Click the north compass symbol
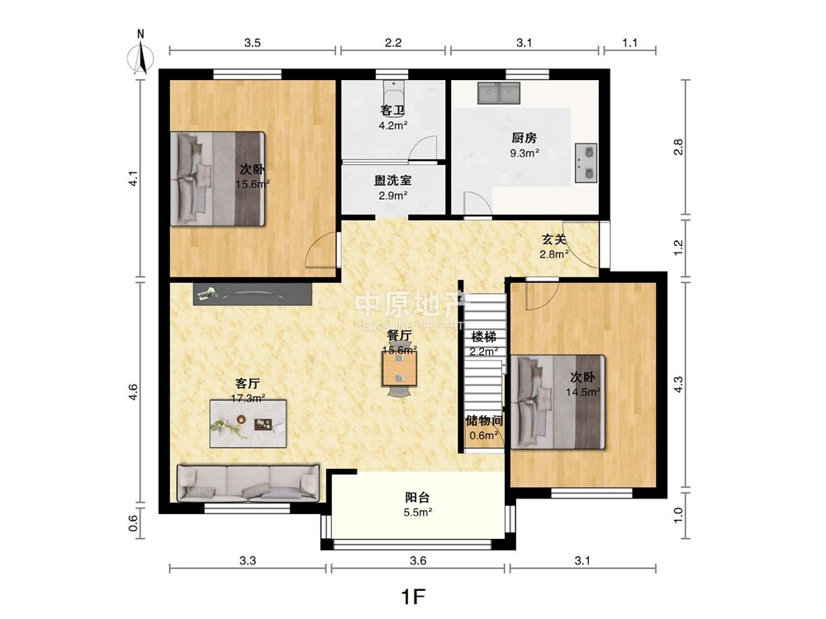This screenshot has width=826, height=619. pos(140,54)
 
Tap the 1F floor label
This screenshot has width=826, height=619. pos(413,597)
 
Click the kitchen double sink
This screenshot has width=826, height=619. pos(499,93)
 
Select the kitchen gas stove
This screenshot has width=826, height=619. pos(586,163)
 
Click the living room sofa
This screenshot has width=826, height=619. pos(248,482)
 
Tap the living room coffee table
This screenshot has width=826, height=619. pos(248,423)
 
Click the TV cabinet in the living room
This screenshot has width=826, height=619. pos(252,294)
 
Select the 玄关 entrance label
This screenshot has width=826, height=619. pos(554,239)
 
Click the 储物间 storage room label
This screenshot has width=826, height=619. pos(483,421)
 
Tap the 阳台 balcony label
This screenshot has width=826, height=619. pos(418,497)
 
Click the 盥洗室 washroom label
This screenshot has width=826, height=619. pos(393,181)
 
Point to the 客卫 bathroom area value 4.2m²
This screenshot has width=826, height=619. pos(393,125)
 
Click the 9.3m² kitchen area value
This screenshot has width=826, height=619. pos(525,154)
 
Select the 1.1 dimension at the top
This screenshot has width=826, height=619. pos(630,43)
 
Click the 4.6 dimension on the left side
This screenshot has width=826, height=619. pos(133,391)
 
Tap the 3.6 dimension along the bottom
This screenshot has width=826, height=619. pos(418,560)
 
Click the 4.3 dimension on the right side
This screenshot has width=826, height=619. pos(678,384)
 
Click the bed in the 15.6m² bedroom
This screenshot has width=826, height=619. pos(217,178)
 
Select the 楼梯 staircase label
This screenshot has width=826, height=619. pos(483,337)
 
